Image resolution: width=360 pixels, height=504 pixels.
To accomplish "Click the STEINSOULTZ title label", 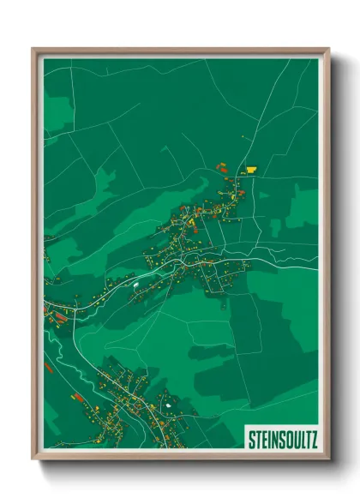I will point(282,439).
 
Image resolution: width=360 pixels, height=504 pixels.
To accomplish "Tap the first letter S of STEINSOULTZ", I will point(251,439).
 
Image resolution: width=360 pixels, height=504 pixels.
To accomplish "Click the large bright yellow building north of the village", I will point(252,169).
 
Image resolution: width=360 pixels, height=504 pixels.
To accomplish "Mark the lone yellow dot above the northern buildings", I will point(244,138).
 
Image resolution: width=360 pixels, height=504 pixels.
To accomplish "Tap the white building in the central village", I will point(135,281).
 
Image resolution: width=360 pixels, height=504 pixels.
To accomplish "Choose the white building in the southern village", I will point(169,403).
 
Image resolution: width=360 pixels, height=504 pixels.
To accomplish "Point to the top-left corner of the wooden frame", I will point(33,49).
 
